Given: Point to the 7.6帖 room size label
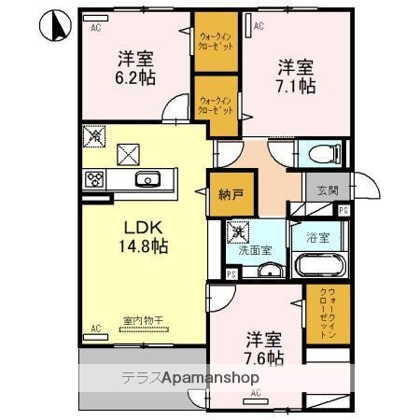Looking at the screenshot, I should tap(264, 347).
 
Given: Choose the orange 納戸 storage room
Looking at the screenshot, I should tap(227, 195).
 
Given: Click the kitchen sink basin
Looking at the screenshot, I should tap(147, 179).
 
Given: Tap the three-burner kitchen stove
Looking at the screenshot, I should tap(96, 179).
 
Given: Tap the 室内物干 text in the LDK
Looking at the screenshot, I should tap(143, 321).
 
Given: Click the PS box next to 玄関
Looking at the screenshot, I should tap(343, 210).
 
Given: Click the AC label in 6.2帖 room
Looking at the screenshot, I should tap(95, 29).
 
